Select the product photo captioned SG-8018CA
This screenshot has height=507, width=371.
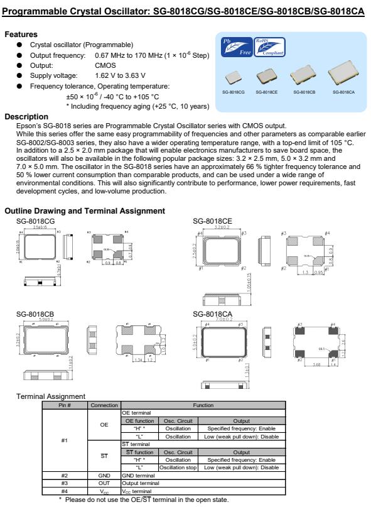coord(341,74)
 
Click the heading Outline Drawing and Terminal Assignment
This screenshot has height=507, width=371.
coord(84,210)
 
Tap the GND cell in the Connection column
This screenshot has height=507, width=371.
coord(104,474)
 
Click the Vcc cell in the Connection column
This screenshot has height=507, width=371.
coord(104,488)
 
